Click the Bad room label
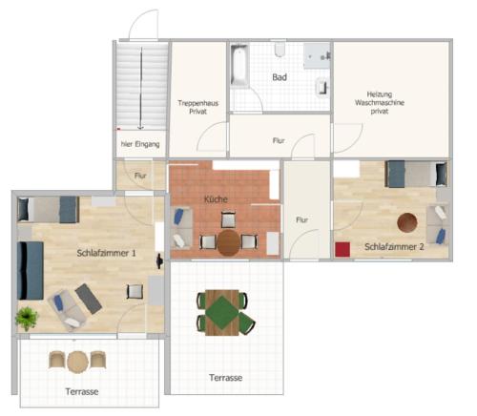pos(280,77)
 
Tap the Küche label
pos(216,199)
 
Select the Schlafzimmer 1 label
pos(106,253)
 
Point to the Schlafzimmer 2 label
pos(394,247)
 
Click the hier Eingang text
pos(140,144)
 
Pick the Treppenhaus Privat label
pos(198,107)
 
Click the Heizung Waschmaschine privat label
pos(380,103)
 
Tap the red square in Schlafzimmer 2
pos(342,249)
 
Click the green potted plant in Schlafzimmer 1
pos(27,318)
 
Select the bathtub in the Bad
pos(239,66)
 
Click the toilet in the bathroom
pos(280,50)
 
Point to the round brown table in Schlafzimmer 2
pos(407,222)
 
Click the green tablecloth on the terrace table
pos(221,313)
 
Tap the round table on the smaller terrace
pos(77,362)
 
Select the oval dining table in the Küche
pos(228,243)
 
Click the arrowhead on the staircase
pos(140,128)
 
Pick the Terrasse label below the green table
pos(226,378)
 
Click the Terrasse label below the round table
pos(82,391)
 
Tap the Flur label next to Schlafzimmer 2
pos(301,219)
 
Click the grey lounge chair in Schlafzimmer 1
pos(89,299)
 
